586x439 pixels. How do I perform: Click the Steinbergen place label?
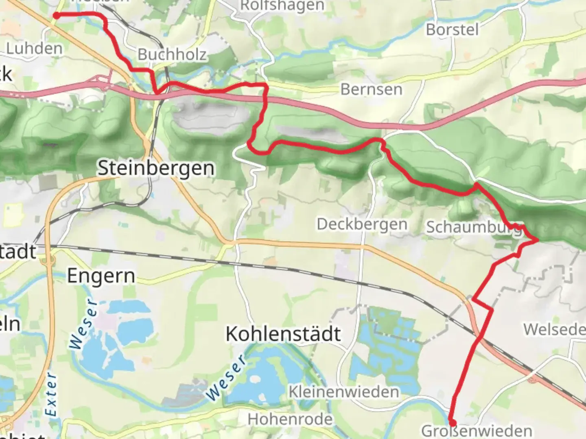point(156,168)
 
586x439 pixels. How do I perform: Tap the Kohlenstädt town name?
point(283,334)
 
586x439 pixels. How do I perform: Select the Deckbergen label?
point(362,224)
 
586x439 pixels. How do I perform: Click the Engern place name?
point(101,276)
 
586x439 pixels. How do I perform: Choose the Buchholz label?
point(172,54)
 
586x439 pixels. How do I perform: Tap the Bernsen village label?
point(371,89)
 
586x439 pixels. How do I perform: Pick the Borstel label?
point(452,29)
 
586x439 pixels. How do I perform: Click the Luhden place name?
point(35,48)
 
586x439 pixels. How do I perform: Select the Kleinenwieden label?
point(344,392)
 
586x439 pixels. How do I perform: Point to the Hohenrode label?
point(290,419)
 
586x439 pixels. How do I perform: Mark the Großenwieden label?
point(477,431)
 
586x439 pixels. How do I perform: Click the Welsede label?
point(554,329)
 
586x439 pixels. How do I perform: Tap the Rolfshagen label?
point(282,6)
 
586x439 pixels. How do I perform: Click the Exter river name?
point(51,394)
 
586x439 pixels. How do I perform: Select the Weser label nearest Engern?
point(84,325)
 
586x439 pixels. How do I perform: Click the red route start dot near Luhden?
point(56,15)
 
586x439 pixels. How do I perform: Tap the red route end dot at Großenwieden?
point(452,423)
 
